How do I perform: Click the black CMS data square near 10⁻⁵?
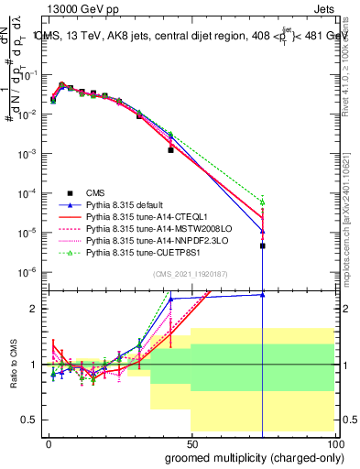[x=263, y=245]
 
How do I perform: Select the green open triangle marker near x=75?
[x=263, y=202]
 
